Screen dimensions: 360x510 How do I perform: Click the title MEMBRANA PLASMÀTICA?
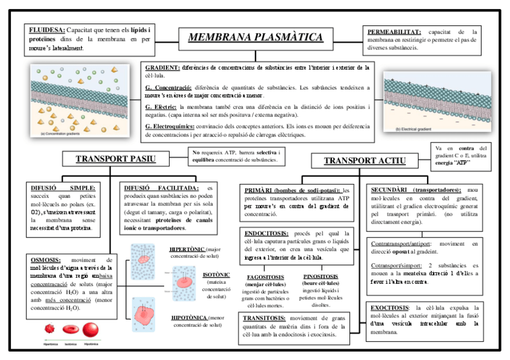tap(255, 37)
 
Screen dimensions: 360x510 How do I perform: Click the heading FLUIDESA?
tap(46, 29)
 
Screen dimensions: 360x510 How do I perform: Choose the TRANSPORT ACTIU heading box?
tap(364, 160)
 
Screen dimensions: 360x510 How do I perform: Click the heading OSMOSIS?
tap(46, 260)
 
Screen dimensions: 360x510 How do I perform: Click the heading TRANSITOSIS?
tap(264, 318)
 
